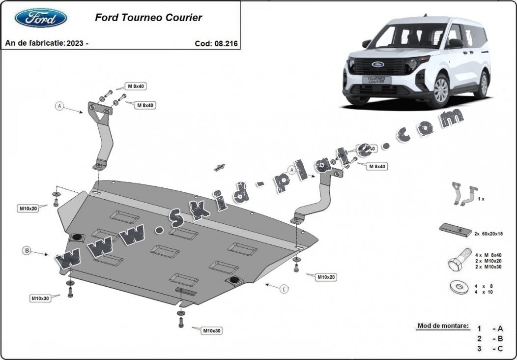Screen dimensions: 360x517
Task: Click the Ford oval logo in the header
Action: [41, 18]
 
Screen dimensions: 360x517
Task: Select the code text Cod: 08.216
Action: [216, 43]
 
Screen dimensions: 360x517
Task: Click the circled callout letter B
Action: [27, 251]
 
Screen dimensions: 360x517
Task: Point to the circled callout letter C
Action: [284, 289]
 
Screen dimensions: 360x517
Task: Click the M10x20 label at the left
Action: [28, 209]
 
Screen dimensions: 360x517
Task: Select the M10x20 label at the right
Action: [325, 277]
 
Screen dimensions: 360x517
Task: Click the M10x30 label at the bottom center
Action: [212, 331]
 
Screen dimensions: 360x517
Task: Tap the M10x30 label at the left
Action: [40, 298]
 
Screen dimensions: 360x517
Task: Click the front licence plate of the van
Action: [376, 80]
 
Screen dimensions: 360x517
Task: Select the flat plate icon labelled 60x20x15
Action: [455, 229]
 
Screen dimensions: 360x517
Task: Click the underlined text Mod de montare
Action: [442, 326]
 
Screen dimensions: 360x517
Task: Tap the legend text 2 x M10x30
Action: [488, 267]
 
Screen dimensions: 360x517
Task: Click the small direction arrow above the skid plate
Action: [219, 168]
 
